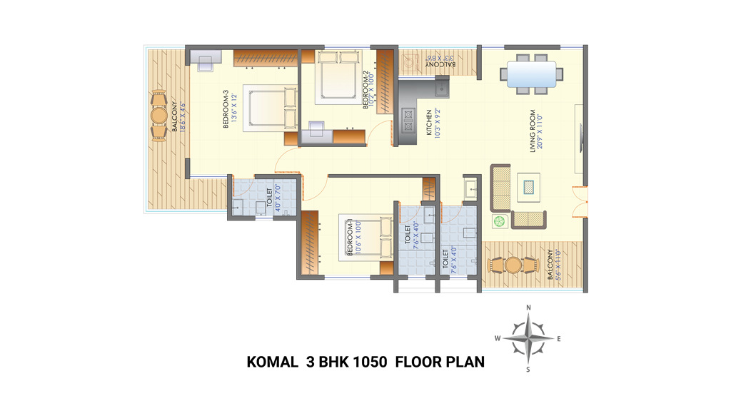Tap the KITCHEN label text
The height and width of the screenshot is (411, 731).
(428, 122)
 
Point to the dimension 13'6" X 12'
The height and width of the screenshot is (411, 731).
(233, 108)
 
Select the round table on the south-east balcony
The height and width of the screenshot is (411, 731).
(512, 265)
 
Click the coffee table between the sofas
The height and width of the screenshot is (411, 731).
(528, 187)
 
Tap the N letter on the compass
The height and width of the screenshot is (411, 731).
(528, 308)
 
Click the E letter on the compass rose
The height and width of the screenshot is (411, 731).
(559, 339)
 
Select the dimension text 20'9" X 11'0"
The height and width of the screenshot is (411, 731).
(541, 132)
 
